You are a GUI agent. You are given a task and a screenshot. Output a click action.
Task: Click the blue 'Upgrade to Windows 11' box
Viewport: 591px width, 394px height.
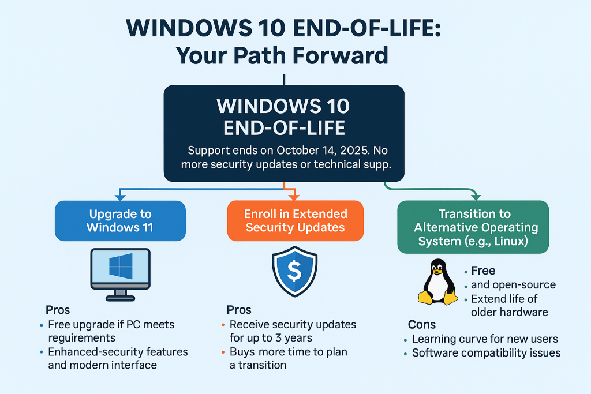point(120,220)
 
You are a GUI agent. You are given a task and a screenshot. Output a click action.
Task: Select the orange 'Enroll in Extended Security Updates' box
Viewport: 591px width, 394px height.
point(295,220)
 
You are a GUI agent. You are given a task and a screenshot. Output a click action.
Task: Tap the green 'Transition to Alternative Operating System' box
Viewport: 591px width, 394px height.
point(472,227)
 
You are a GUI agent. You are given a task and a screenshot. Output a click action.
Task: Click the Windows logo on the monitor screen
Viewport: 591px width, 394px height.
point(120,267)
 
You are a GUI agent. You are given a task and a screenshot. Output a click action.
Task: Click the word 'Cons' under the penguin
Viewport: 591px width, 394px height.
point(422,324)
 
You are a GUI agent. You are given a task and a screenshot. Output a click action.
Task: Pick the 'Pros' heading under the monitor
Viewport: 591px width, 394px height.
point(58,310)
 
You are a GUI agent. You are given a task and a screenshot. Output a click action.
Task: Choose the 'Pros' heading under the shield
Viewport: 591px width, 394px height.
point(239,310)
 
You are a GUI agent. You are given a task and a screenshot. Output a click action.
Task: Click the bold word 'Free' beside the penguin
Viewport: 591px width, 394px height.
point(483,271)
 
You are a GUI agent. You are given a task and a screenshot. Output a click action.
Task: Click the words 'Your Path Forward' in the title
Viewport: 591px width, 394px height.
point(282,55)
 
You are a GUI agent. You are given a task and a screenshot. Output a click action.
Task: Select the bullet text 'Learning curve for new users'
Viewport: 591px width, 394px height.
point(485,339)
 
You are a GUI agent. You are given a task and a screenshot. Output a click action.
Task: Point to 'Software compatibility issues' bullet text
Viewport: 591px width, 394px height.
point(486,352)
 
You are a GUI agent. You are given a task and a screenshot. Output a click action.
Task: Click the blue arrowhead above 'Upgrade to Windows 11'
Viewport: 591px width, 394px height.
point(119,194)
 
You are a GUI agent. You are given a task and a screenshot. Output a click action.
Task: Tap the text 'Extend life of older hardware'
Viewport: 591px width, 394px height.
point(510,306)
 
